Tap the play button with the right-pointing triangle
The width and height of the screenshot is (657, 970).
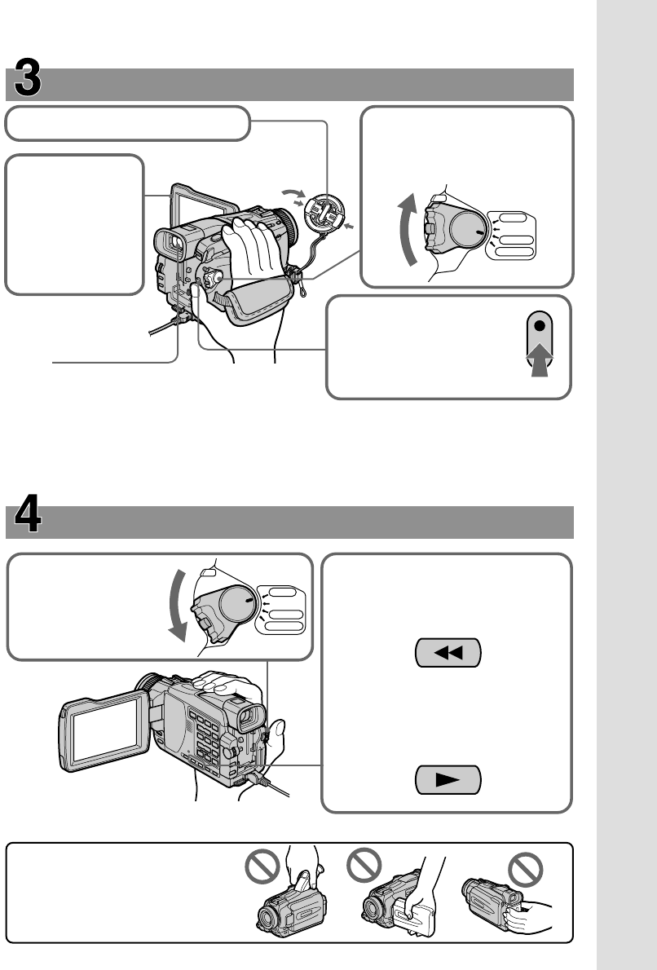(448, 780)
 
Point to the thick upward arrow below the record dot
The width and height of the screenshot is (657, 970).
(539, 358)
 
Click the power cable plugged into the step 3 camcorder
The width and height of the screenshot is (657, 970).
(163, 327)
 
